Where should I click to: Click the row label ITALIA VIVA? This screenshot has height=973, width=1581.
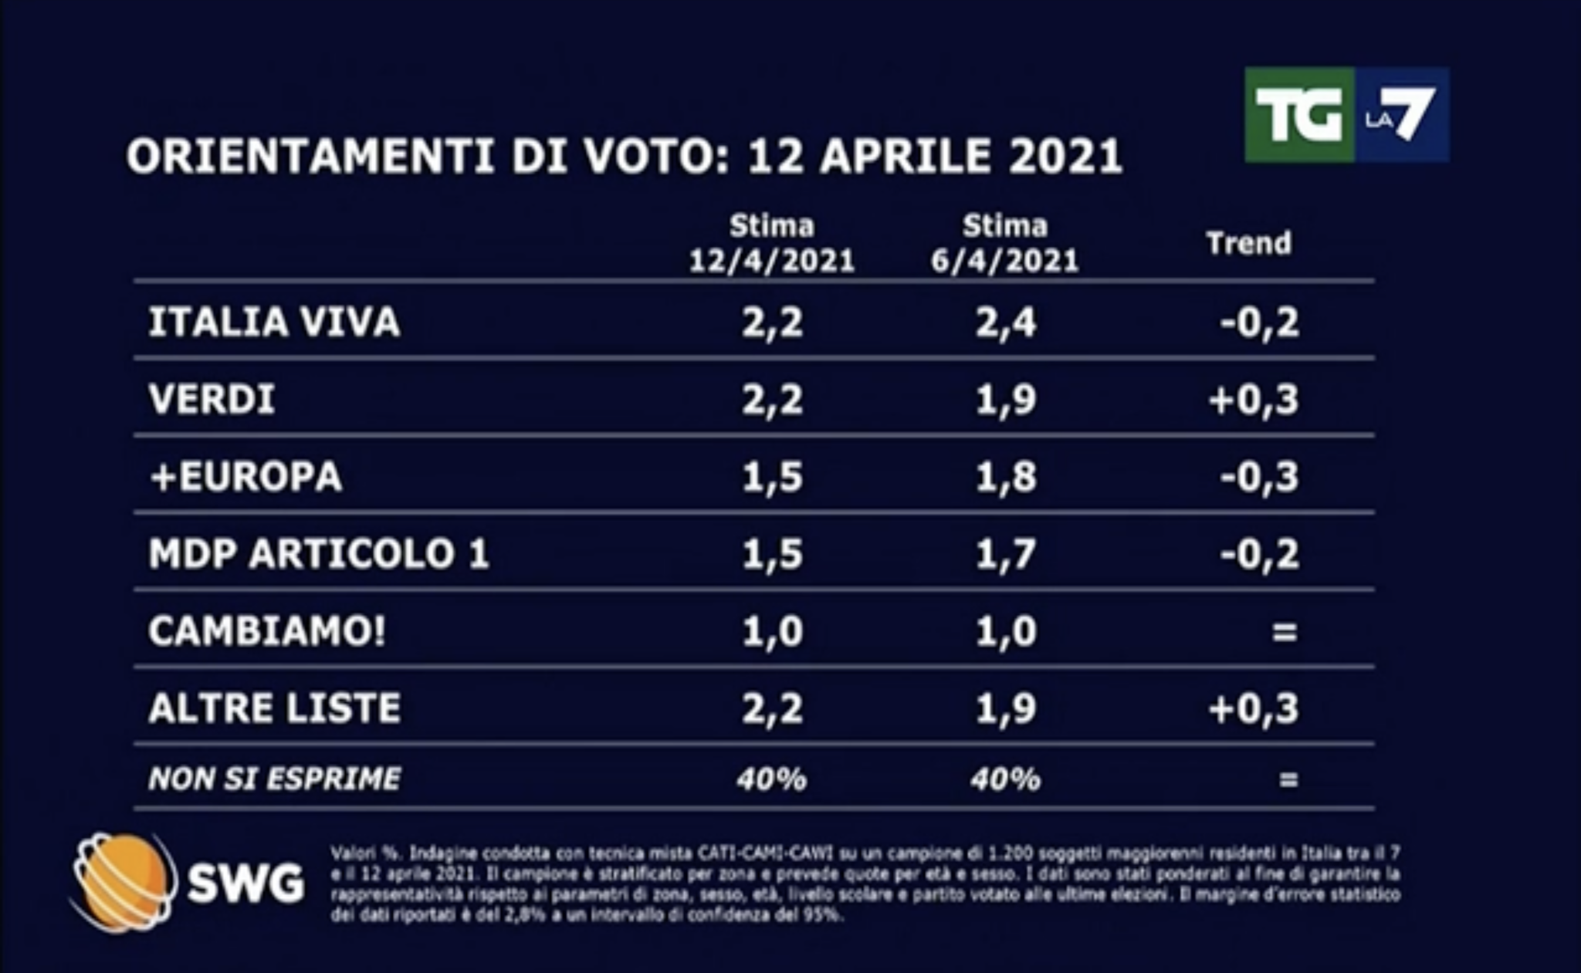coord(274,322)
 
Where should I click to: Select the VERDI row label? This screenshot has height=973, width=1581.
coord(212,400)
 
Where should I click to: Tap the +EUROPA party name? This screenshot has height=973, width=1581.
coord(245,476)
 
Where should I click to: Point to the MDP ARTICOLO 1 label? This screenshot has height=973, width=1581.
coord(319,553)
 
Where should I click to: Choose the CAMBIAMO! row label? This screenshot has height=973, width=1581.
coord(266,631)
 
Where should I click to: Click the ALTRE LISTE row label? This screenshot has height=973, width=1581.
coord(274,708)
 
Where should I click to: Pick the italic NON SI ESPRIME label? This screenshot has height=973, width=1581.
coord(274,779)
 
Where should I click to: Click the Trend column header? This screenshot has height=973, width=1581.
coord(1248,243)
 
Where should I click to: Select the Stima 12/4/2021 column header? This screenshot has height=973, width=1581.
coord(772,244)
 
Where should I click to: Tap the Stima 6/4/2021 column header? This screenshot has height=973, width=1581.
coord(1004,244)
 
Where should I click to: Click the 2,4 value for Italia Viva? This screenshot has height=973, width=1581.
coord(1005,323)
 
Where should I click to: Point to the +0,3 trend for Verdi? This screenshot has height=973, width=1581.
coord(1254,400)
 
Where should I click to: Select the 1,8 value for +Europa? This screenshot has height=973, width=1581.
coord(1005,477)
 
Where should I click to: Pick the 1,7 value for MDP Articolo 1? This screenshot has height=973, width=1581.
coord(1005,554)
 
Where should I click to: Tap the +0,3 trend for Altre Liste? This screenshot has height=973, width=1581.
coord(1254,708)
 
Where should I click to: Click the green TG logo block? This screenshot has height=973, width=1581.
coord(1298,114)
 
